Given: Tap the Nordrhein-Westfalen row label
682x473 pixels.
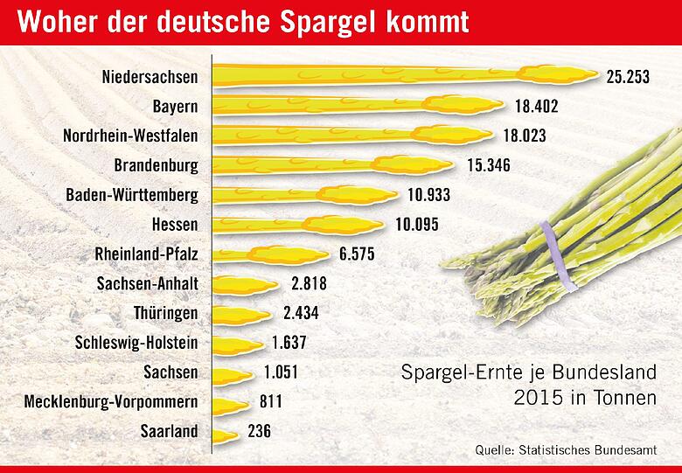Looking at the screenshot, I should coord(130,136).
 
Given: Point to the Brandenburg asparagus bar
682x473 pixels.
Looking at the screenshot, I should coord(332,165).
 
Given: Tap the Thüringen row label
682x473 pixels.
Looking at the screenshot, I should coord(166,313).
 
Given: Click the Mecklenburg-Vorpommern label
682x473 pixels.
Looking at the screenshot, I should coord(111,402).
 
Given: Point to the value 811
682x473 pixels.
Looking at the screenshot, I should coord(274,402).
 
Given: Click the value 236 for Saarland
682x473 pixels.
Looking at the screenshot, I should coord(259,432).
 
